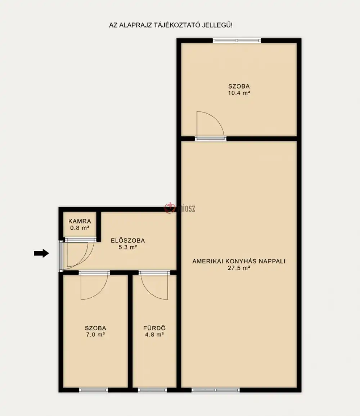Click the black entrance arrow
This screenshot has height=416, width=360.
[41, 253]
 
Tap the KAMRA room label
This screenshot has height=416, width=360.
[80, 221]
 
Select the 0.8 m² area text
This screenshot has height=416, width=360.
[80, 228]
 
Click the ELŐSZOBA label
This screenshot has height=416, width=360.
[128, 241]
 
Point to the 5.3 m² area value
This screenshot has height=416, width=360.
[128, 247]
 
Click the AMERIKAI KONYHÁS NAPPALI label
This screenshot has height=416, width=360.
[239, 261]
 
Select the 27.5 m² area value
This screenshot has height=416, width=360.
[239, 268]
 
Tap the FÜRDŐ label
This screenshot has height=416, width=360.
[154, 328]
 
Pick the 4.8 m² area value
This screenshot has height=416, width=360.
[154, 335]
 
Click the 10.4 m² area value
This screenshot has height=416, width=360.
[239, 93]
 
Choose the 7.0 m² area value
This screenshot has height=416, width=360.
[95, 335]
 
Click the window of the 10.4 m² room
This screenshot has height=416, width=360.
[237, 41]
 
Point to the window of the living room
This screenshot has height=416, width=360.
[216, 390]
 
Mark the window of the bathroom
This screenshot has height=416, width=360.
[152, 390]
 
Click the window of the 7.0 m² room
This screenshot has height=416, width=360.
[94, 390]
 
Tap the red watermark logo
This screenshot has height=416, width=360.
[170, 208]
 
